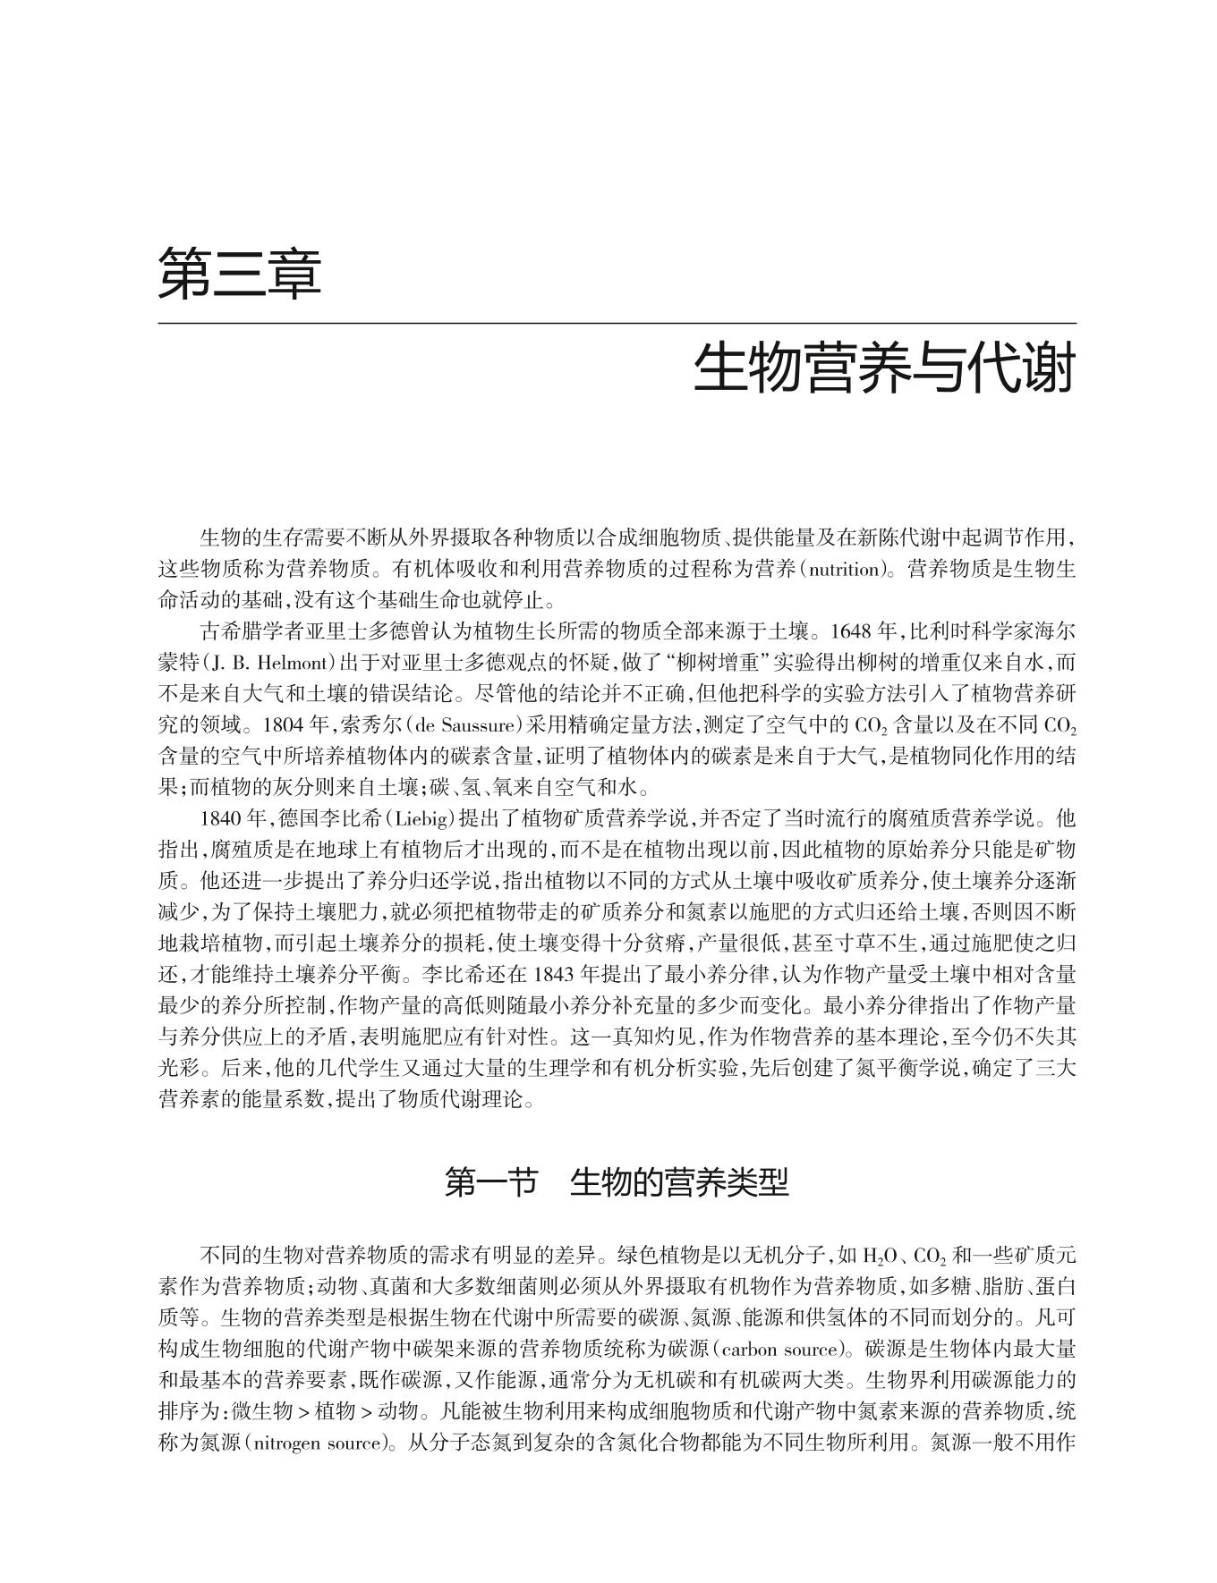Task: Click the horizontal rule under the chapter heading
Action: [617, 323]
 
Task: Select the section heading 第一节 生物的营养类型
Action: [617, 1183]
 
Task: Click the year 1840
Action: [224, 818]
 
